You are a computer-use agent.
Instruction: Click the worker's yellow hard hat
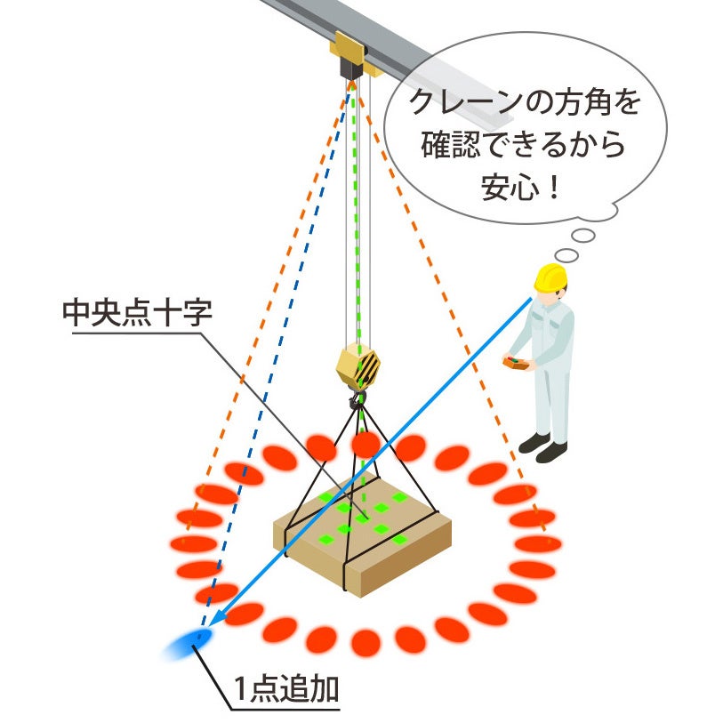[x=550, y=277]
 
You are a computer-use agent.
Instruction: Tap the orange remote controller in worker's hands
[x=517, y=363]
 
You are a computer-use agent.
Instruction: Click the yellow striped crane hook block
[x=358, y=364]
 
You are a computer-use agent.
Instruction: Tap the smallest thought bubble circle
[x=566, y=255]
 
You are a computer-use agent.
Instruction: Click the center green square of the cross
[x=364, y=517]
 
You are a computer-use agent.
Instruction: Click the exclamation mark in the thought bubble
[x=557, y=188]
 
